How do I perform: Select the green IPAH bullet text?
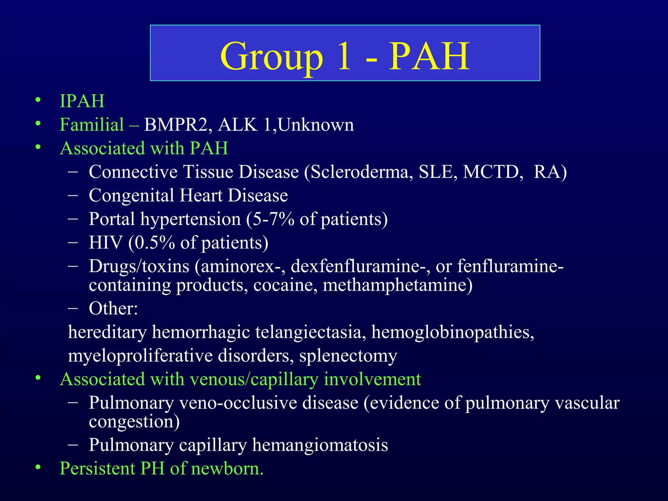point(82,101)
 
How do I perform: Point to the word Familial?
point(92,125)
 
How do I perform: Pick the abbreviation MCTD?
point(493,172)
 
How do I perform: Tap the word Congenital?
point(131,196)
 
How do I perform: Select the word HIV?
point(106,243)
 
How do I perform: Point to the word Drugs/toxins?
point(139,266)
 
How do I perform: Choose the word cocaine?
point(285,285)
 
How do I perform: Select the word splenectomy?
point(348,356)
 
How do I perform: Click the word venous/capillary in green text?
point(254,379)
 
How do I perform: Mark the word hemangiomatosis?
point(320,445)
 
